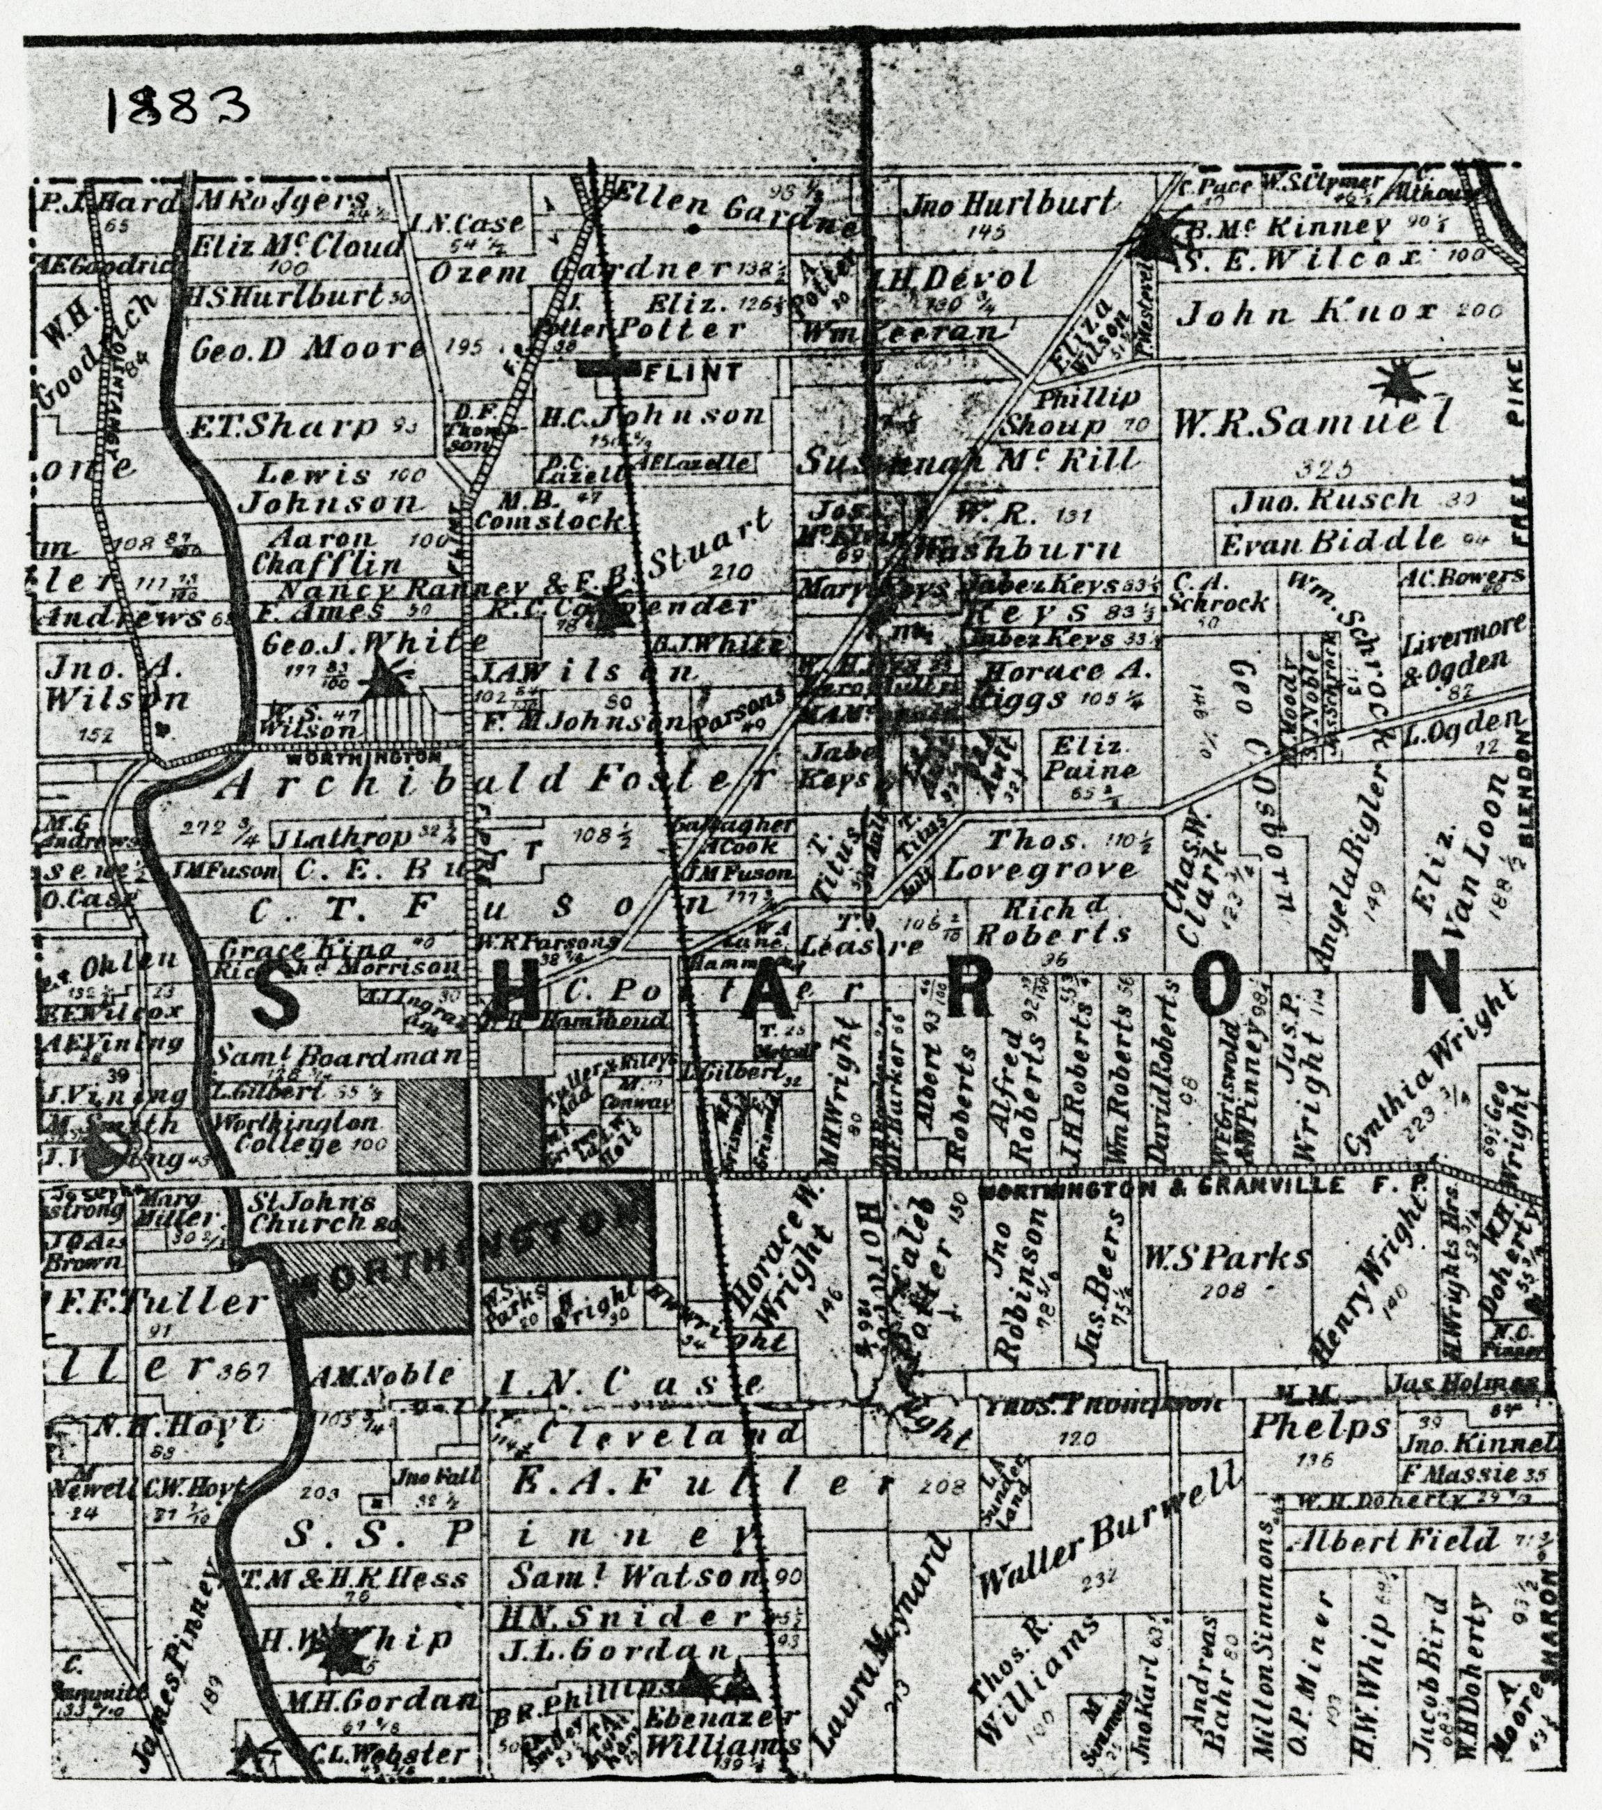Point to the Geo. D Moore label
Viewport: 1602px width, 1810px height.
(306, 349)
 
